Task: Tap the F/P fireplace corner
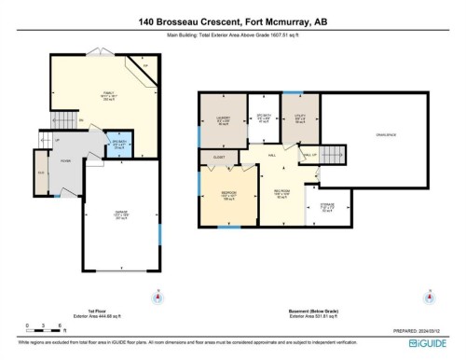(141, 66)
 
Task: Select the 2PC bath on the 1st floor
(117, 145)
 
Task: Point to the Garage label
(119, 217)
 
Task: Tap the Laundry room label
(223, 119)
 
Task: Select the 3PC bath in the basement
(263, 119)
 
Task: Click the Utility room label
(299, 119)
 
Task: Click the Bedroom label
(227, 197)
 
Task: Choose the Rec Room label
(282, 197)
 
